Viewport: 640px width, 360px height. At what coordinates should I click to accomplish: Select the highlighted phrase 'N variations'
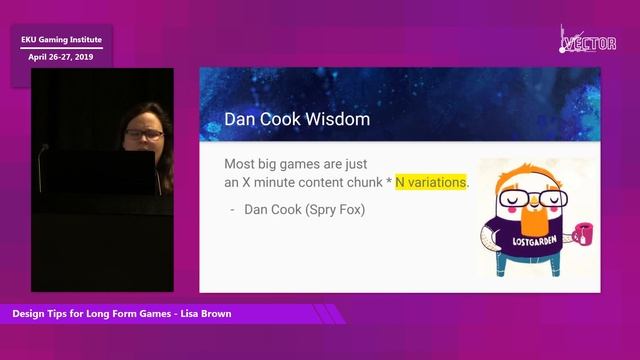click(431, 183)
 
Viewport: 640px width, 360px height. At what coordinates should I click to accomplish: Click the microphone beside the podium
click(44, 150)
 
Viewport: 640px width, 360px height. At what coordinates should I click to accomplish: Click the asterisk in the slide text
click(388, 182)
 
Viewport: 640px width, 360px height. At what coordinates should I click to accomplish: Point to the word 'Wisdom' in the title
click(334, 120)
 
